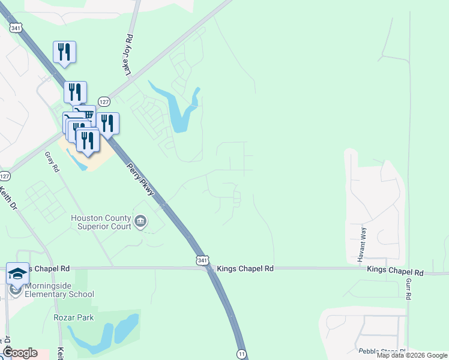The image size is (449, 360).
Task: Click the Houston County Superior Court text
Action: (101, 222)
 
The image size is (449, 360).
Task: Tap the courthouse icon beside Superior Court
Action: (140, 222)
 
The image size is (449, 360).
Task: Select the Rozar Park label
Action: (73, 317)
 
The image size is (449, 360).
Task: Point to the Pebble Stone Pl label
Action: (382, 351)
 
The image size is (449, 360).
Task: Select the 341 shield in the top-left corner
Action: (16, 27)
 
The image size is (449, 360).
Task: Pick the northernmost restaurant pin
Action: (64, 52)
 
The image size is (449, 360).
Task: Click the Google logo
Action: (20, 353)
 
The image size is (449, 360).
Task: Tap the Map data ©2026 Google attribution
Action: (412, 355)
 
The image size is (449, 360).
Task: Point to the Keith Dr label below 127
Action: (8, 198)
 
